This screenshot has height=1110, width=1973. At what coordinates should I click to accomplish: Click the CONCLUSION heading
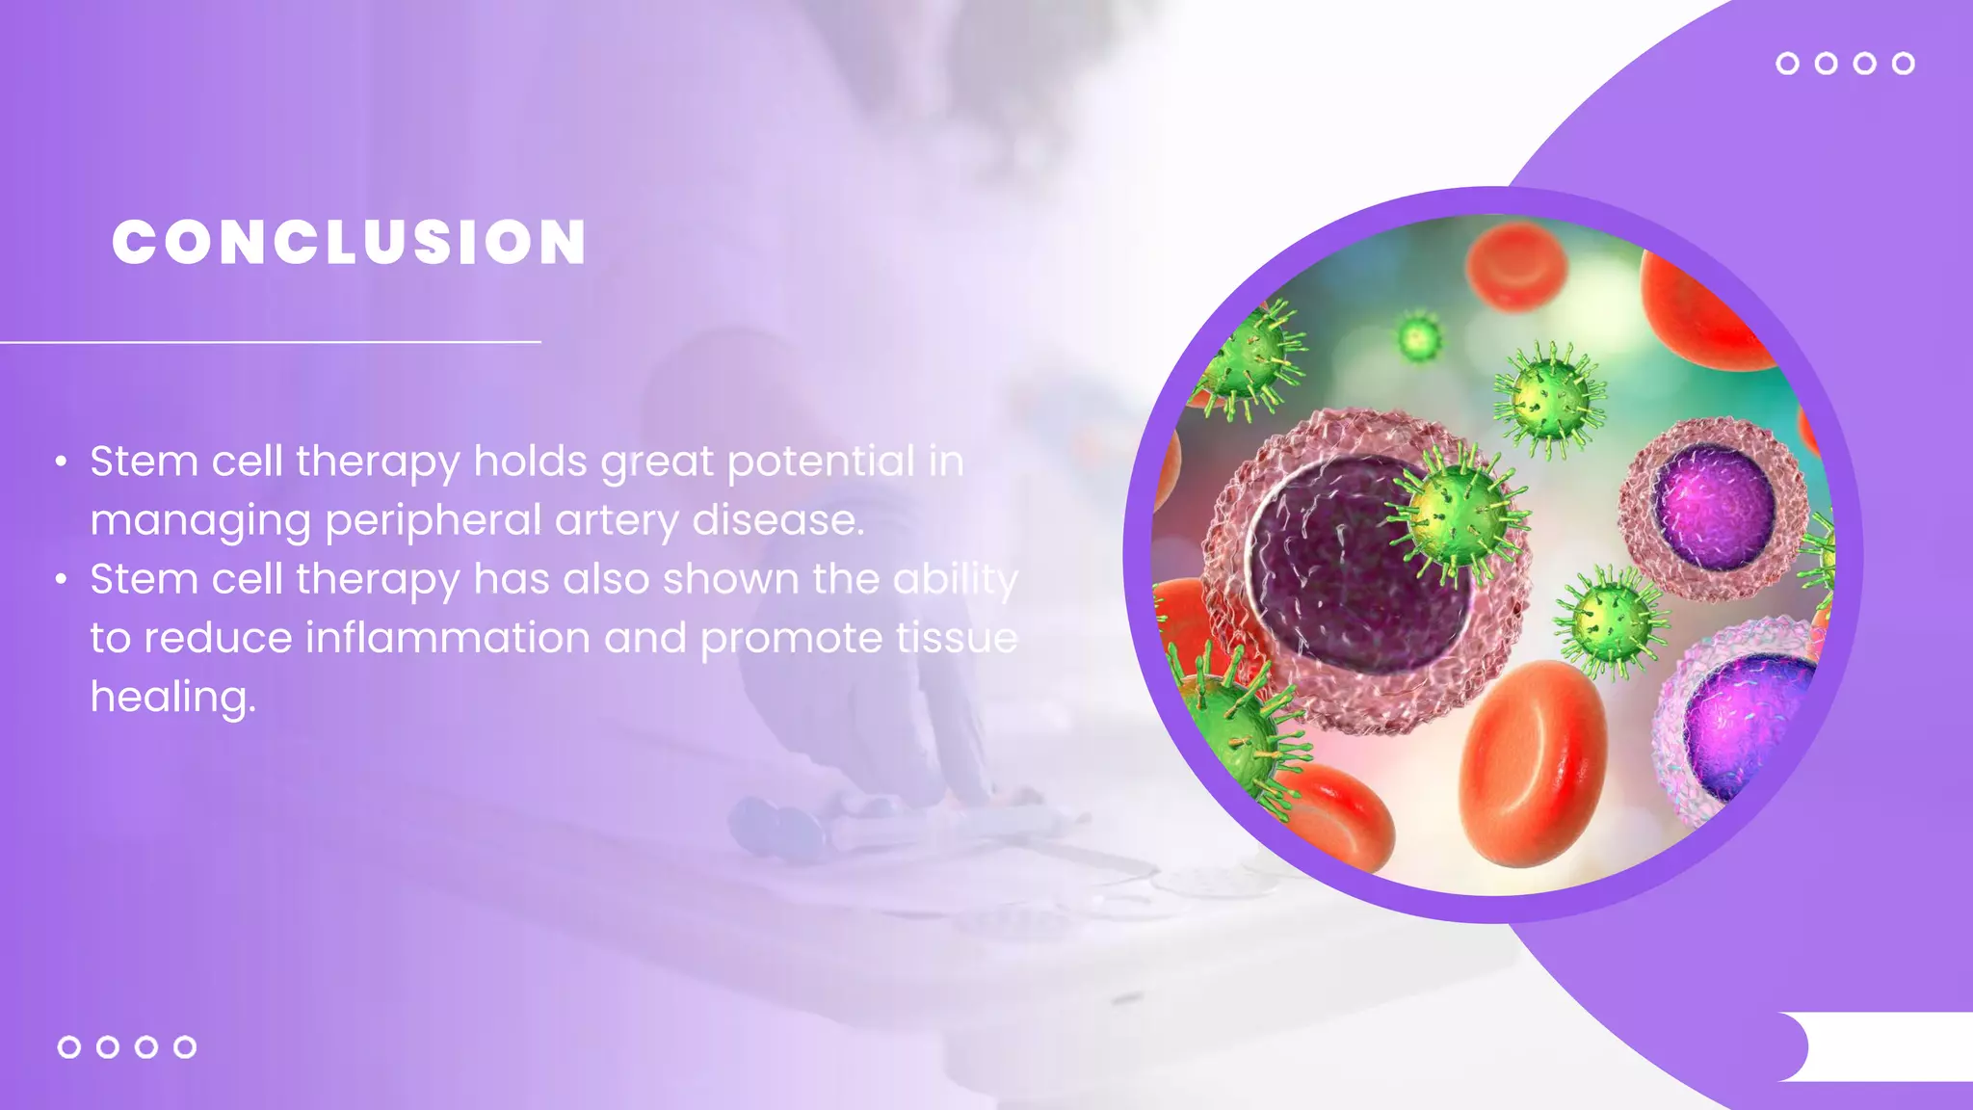349,242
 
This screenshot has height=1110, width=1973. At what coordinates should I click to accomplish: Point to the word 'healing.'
173,697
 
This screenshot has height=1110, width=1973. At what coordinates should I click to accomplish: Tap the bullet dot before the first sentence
61,462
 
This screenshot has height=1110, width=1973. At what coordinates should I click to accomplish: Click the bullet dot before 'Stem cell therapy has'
61,580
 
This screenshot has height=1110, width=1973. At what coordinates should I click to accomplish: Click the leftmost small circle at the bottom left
69,1046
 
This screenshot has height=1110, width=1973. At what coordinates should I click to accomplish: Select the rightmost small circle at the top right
1903,64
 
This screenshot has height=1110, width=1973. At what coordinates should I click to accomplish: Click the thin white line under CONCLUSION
270,342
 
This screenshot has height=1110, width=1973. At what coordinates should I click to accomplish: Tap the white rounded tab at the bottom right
1879,1046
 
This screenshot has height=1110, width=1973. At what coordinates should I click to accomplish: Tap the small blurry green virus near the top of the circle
1418,338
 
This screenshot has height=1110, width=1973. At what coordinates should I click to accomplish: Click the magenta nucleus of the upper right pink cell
1714,507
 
